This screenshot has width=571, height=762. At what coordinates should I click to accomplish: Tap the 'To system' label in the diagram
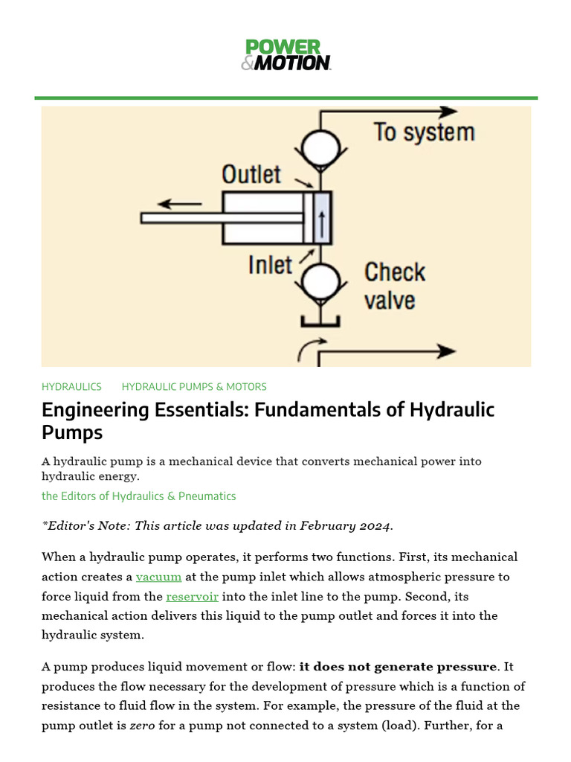click(424, 133)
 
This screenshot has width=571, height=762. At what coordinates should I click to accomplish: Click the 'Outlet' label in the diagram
click(251, 175)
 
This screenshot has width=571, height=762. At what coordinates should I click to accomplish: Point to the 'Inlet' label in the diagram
click(270, 265)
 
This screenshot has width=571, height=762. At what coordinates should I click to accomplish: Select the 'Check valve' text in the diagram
click(394, 286)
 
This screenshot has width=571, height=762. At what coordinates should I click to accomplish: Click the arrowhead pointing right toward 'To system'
click(448, 112)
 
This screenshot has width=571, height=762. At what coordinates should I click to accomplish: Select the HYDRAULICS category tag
click(71, 387)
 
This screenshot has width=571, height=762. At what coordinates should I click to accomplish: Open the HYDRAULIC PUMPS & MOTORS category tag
click(194, 387)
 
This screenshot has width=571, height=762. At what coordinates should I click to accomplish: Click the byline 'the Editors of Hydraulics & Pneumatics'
click(139, 496)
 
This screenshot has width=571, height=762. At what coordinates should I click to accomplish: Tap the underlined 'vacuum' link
click(158, 577)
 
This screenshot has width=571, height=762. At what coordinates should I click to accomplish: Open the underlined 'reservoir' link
click(192, 596)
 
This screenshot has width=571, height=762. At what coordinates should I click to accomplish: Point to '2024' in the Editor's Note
click(373, 526)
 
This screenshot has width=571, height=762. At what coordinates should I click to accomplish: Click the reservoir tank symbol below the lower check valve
click(320, 321)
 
